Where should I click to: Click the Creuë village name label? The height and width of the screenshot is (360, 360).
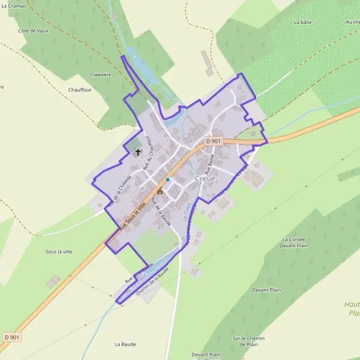pos(206,179)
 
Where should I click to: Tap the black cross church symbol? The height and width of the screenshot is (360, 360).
pos(137,152)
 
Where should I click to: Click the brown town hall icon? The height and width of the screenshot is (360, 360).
pos(160,191)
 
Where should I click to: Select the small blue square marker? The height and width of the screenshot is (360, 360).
pos(168,179)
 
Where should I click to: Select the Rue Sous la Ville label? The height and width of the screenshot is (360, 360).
pos(133,217)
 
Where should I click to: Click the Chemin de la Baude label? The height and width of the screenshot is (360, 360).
pos(154,280)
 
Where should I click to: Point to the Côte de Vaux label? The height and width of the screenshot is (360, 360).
pos(32,30)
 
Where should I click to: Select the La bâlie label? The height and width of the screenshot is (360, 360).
pos(302,22)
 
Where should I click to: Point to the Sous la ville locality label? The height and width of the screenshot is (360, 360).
pos(58,252)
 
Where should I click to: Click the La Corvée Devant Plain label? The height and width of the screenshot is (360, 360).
pos(293,242)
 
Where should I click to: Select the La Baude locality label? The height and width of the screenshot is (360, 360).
pos(125,344)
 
